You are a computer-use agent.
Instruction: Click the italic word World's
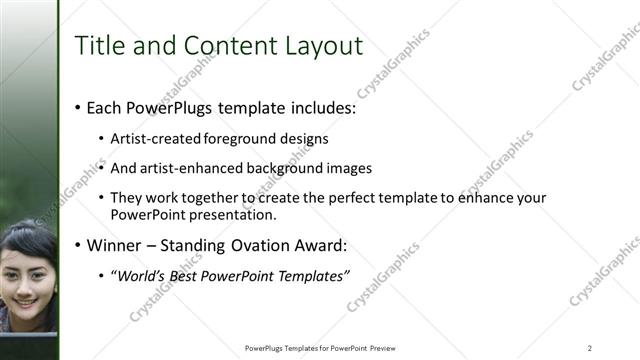click(140, 276)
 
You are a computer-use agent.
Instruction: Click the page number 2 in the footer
click(590, 348)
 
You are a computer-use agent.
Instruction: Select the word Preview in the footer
click(388, 348)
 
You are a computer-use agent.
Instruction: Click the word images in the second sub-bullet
click(351, 168)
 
